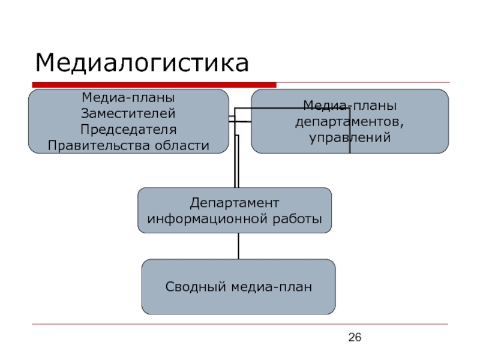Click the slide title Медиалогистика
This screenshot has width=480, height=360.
pyautogui.click(x=142, y=63)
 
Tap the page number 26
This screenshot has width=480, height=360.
pyautogui.click(x=355, y=337)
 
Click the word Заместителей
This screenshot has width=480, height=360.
pyautogui.click(x=128, y=113)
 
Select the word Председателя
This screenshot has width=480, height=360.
pyautogui.click(x=128, y=130)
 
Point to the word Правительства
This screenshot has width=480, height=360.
pyautogui.click(x=99, y=145)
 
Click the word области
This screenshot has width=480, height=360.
pyautogui.click(x=182, y=145)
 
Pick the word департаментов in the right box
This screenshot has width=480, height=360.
pyautogui.click(x=349, y=122)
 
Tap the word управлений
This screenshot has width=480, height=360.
pyautogui.click(x=350, y=137)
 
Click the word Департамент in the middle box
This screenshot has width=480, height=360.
pyautogui.click(x=235, y=203)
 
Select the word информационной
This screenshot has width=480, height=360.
pyautogui.click(x=208, y=219)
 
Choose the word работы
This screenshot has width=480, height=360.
pyautogui.click(x=297, y=219)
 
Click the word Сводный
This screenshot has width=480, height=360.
pyautogui.click(x=196, y=287)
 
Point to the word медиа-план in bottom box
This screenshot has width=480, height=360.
pyautogui.click(x=271, y=287)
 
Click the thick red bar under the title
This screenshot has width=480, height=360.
pyautogui.click(x=154, y=85)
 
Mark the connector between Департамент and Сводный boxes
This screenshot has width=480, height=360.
pyautogui.click(x=238, y=246)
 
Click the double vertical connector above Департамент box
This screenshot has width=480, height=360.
pyautogui.click(x=236, y=161)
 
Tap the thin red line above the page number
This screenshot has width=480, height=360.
pyautogui.click(x=240, y=324)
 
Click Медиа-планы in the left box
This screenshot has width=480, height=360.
pyautogui.click(x=128, y=98)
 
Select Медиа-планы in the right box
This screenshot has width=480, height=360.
pyautogui.click(x=350, y=106)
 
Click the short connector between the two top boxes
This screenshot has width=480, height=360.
pyautogui.click(x=240, y=122)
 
